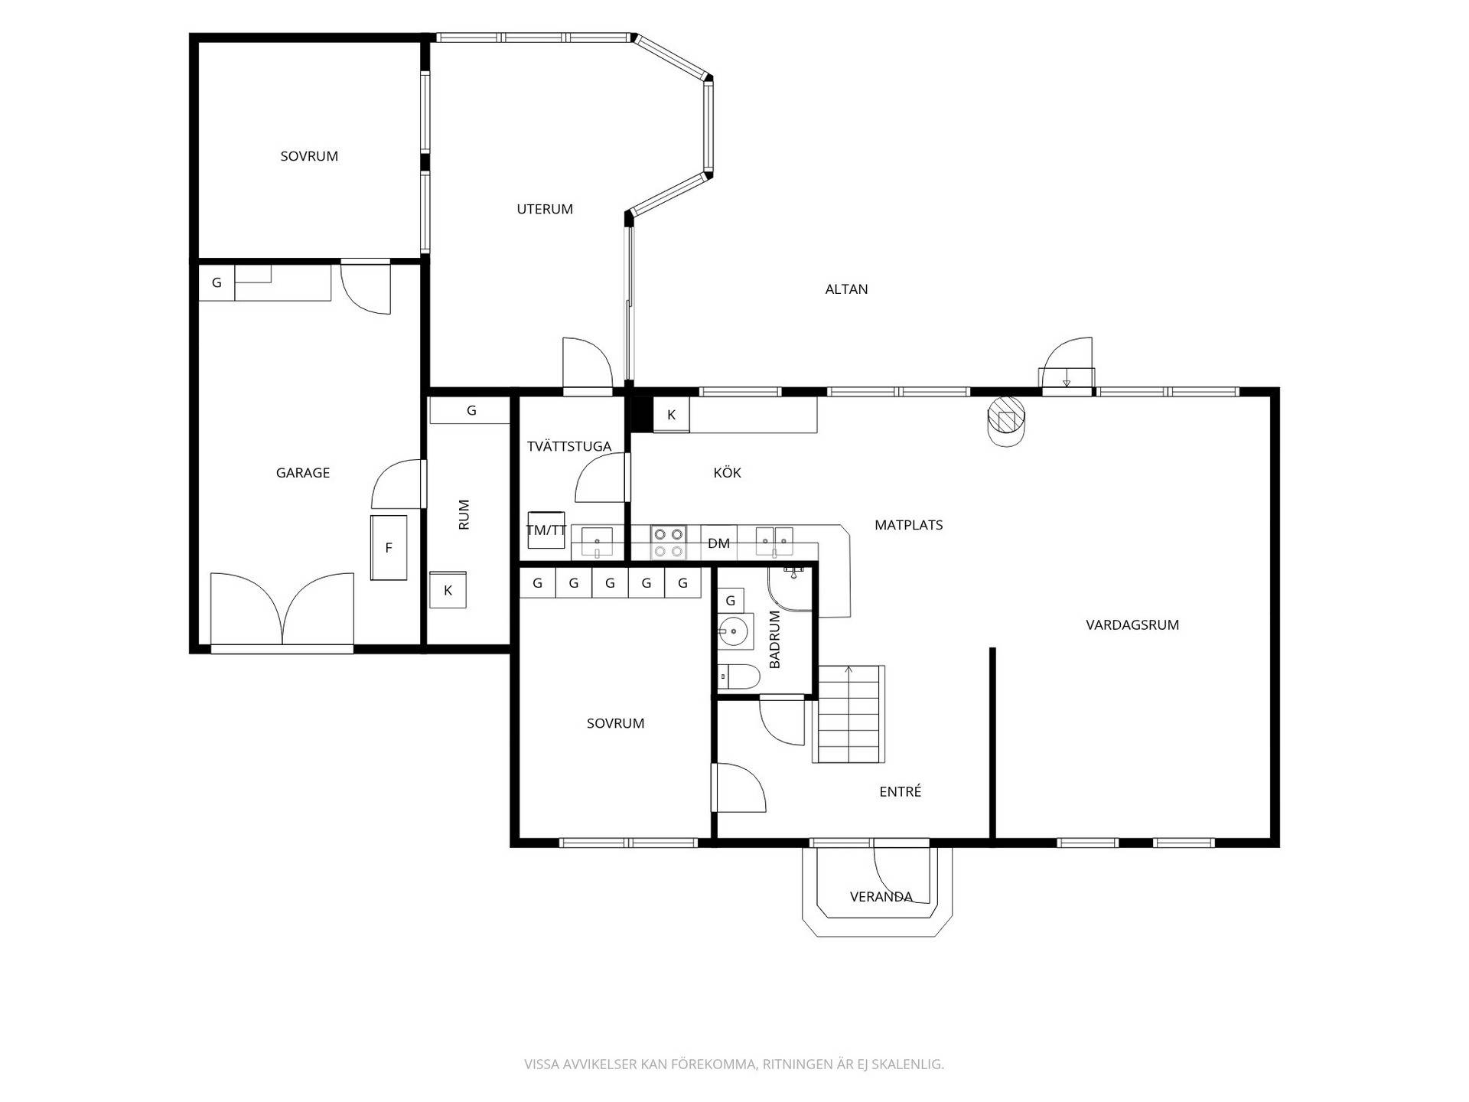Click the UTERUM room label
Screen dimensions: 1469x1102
(x=545, y=209)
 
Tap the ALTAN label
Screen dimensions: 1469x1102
(x=846, y=289)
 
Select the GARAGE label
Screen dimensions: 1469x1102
(x=303, y=473)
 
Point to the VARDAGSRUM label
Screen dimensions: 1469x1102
(x=1132, y=624)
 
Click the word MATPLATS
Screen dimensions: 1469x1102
(x=908, y=525)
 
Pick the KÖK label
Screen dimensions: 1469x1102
(x=727, y=473)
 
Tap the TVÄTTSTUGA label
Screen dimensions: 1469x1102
(x=569, y=446)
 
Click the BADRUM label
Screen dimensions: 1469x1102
(x=774, y=640)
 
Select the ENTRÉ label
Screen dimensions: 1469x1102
(x=900, y=791)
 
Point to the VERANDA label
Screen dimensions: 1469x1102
(x=881, y=897)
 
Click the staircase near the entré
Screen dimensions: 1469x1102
(x=849, y=714)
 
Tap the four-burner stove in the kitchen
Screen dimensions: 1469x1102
(x=668, y=542)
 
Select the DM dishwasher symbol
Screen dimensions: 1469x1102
(x=719, y=543)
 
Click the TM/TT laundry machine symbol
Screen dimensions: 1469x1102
(x=546, y=530)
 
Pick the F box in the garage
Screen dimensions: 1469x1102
(x=389, y=548)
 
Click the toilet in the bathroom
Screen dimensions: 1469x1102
(x=739, y=677)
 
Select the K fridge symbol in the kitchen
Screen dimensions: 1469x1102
(x=671, y=415)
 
